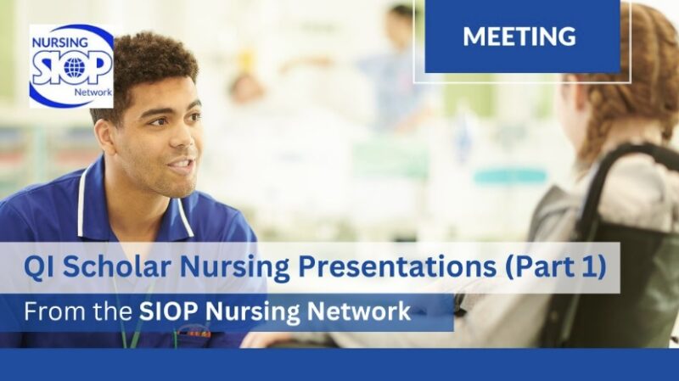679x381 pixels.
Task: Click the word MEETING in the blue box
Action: click(520, 36)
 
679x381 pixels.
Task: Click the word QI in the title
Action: click(39, 269)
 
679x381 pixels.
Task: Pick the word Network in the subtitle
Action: click(357, 312)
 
